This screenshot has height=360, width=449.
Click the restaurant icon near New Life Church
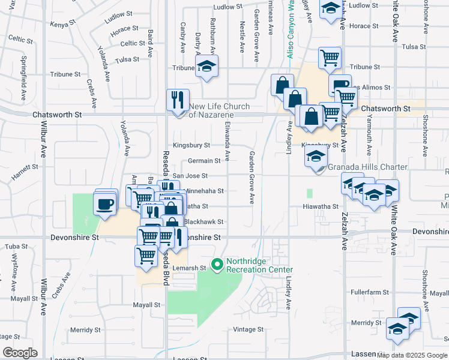click(178, 100)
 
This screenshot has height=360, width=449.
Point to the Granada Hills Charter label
click(368, 167)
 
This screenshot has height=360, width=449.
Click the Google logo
click(20, 353)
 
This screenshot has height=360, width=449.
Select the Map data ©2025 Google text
click(412, 355)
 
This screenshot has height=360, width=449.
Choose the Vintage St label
click(249, 329)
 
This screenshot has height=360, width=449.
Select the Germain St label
click(204, 161)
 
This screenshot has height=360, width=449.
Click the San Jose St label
click(190, 176)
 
